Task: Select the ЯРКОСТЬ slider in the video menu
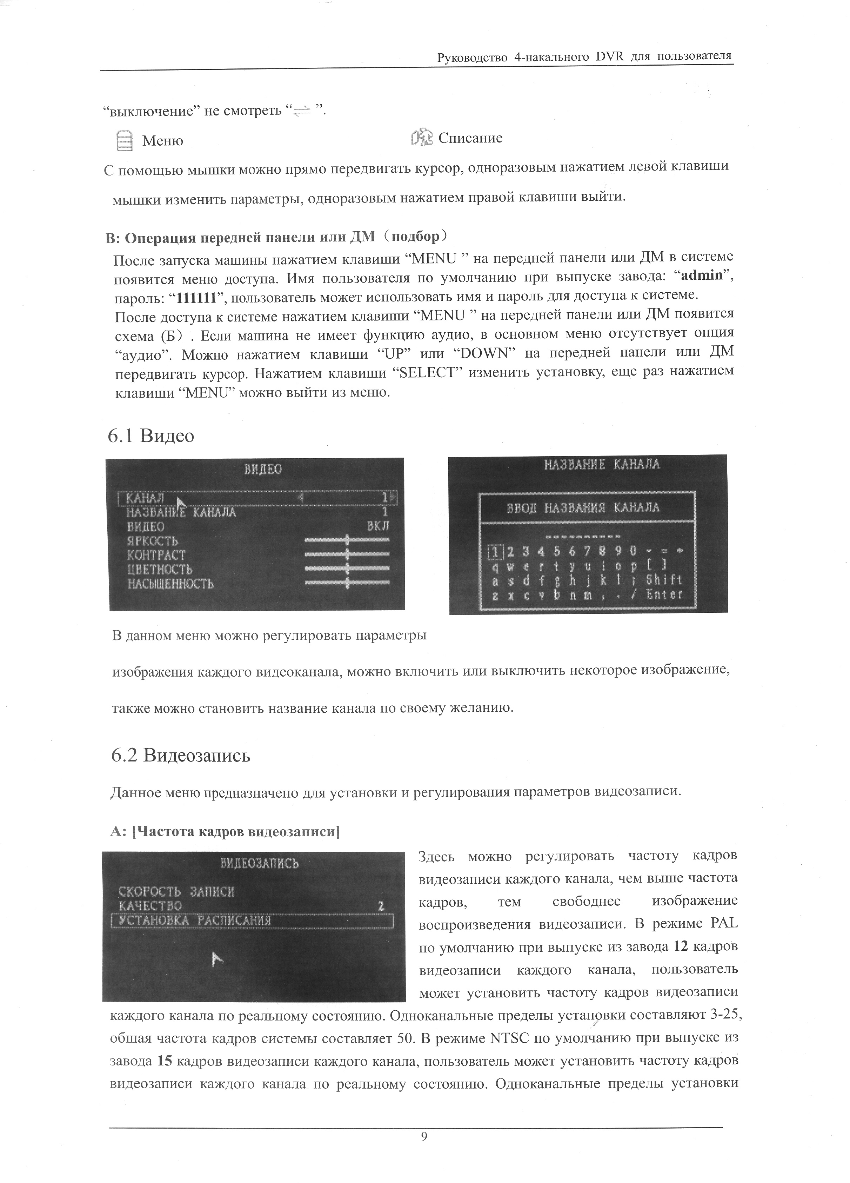point(347,539)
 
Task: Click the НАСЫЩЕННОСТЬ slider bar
point(347,582)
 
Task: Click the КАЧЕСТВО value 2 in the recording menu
point(381,906)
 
